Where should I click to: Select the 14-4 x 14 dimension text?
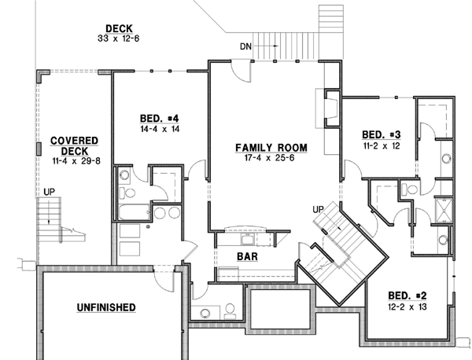(x=159, y=129)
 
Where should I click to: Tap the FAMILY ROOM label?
(x=271, y=148)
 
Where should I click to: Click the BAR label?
(x=249, y=256)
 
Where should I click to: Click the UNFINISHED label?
(x=106, y=307)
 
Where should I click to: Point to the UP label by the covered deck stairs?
(x=49, y=192)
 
